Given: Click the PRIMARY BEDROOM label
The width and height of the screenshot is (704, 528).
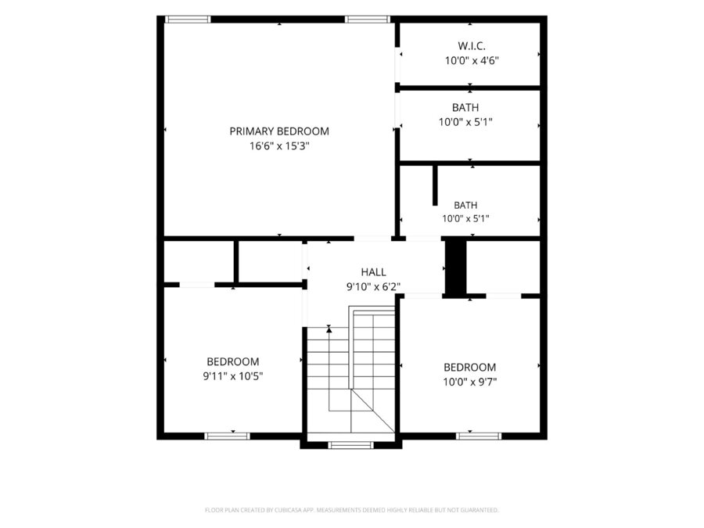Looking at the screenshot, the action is coord(279,131).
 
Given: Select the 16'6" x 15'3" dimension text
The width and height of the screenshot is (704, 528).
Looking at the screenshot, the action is coord(279,146).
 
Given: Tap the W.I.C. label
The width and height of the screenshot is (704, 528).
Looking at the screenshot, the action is coord(472,46).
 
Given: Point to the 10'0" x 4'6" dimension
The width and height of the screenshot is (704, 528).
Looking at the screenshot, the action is coord(472,60).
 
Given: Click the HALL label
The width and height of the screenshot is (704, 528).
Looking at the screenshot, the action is coord(374,272).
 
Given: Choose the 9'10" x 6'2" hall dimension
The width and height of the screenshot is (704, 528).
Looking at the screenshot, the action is coord(374,286).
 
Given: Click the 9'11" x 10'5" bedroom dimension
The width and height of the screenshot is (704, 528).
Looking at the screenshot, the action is coord(233,376).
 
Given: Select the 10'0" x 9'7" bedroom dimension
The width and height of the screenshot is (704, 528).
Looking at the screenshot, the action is coord(470,382).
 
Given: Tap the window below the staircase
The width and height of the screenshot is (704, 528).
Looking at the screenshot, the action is coord(350,445).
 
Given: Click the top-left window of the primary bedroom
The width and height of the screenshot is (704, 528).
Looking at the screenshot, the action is coord(188,20).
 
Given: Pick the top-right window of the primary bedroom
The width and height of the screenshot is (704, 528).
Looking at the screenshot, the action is coord(368,20).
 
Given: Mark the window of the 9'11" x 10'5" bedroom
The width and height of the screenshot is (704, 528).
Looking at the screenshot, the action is coord(227,436).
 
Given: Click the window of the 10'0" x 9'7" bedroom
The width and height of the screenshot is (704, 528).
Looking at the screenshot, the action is coord(479,436).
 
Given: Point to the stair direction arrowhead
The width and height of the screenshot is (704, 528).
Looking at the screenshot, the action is coord(329,329).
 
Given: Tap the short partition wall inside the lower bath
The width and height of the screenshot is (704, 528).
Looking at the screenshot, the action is coord(435,185).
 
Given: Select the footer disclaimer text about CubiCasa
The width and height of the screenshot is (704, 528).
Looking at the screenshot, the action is coord(351,510).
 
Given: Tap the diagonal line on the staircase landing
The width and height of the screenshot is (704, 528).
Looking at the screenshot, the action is coord(372,411).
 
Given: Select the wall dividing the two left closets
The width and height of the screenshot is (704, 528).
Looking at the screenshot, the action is coord(236,262).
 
